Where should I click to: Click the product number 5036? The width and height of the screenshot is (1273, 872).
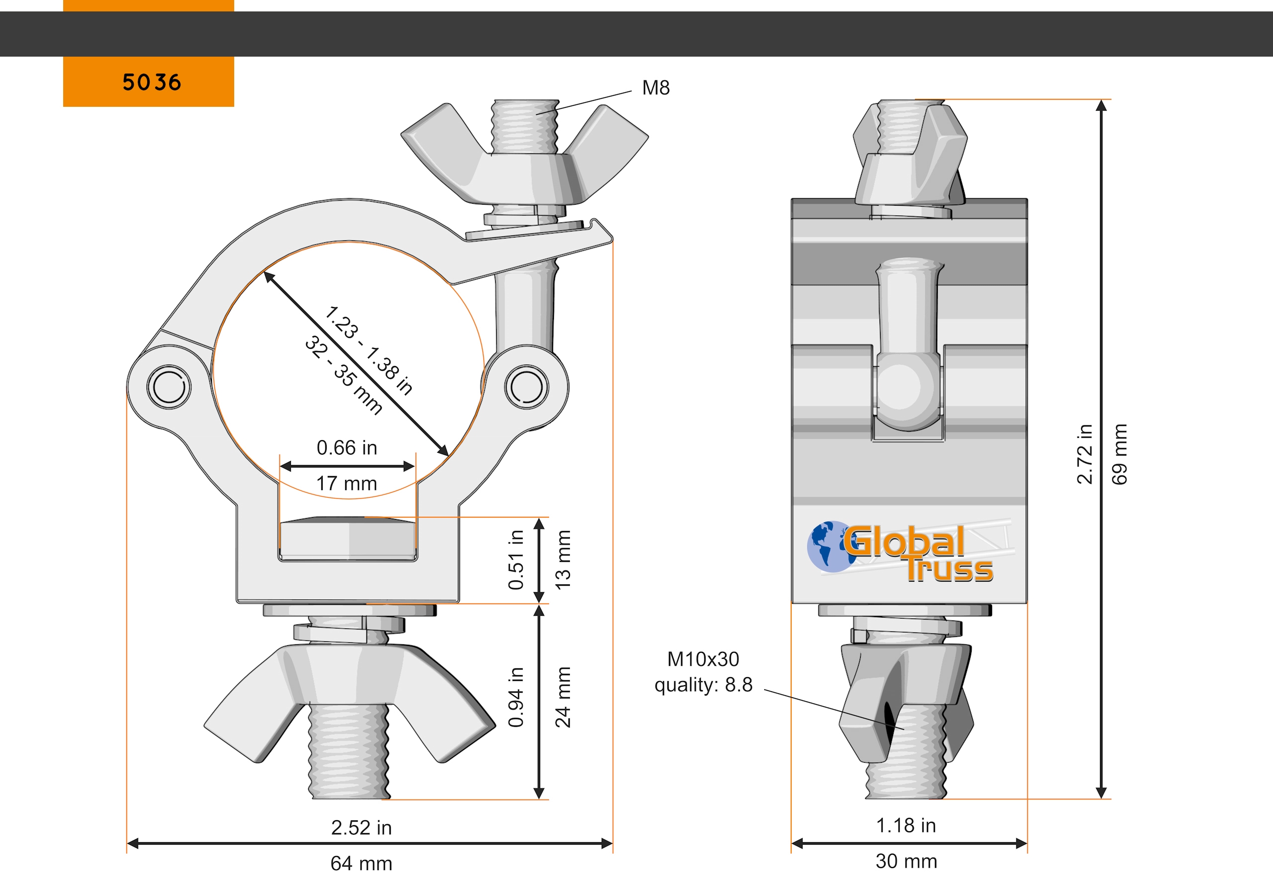coord(151,82)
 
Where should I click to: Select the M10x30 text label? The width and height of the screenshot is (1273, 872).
coord(703,659)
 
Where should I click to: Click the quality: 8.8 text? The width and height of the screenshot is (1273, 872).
coord(703,685)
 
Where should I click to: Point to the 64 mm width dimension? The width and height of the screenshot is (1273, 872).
coord(361,863)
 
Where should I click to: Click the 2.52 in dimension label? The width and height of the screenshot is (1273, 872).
coord(361,827)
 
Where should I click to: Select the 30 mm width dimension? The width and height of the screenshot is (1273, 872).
coord(906,861)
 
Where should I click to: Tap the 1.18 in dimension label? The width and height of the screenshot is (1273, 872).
coord(906,825)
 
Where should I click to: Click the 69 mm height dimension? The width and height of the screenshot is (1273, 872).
coord(1119,454)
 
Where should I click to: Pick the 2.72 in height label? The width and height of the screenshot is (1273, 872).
coord(1084,454)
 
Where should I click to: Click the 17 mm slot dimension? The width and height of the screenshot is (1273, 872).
coord(346,483)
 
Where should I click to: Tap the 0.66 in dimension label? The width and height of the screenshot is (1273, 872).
coord(346,448)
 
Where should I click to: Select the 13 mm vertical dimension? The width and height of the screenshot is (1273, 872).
coord(562,559)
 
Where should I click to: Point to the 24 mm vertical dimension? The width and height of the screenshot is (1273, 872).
coord(562,697)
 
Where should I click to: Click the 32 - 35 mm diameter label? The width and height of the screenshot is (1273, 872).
coord(344,376)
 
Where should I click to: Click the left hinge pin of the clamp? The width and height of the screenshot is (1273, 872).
coord(169,387)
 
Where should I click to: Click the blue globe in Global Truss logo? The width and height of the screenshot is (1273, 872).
coord(828,546)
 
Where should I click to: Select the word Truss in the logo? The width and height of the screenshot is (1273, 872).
coord(949,570)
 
